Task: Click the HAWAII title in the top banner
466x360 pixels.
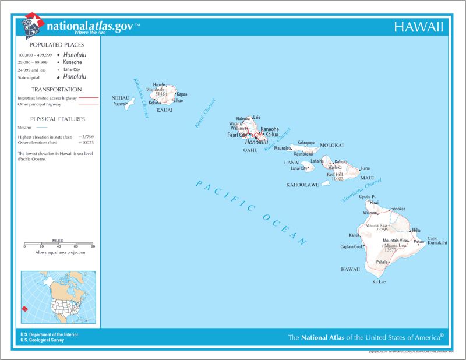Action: (x=418, y=27)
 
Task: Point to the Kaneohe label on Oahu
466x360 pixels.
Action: (x=270, y=129)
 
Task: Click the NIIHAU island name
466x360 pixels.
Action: (x=121, y=98)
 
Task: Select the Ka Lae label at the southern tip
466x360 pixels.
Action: (x=379, y=281)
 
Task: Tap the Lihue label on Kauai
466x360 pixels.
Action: (x=178, y=100)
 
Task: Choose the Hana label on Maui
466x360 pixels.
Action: (x=365, y=168)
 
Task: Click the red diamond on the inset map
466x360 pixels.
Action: (x=24, y=309)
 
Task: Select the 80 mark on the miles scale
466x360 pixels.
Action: (x=93, y=246)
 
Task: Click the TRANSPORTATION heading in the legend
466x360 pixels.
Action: (x=57, y=90)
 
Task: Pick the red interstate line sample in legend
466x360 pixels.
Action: (x=89, y=98)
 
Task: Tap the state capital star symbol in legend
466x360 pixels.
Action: (x=58, y=77)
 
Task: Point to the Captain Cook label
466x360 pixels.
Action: (x=352, y=246)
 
